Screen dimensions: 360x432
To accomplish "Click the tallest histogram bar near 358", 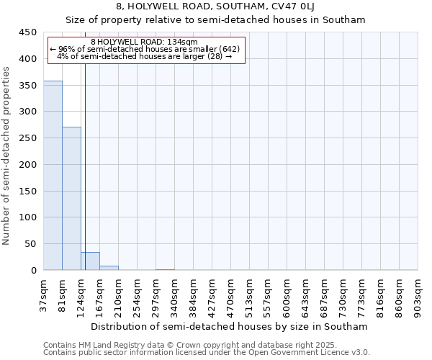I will click(53, 176).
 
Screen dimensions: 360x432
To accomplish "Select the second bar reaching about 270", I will click(71, 199).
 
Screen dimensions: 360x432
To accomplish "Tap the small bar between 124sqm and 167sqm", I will click(90, 261).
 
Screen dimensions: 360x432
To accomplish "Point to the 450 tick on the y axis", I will click(27, 32).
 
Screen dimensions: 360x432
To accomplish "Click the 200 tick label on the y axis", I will click(27, 165).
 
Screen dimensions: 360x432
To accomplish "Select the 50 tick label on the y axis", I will click(30, 244).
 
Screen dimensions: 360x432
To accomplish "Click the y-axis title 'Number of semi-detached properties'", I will click(6, 156).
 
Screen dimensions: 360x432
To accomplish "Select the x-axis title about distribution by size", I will click(230, 326).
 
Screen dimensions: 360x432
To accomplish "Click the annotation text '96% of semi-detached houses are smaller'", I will click(144, 49).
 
